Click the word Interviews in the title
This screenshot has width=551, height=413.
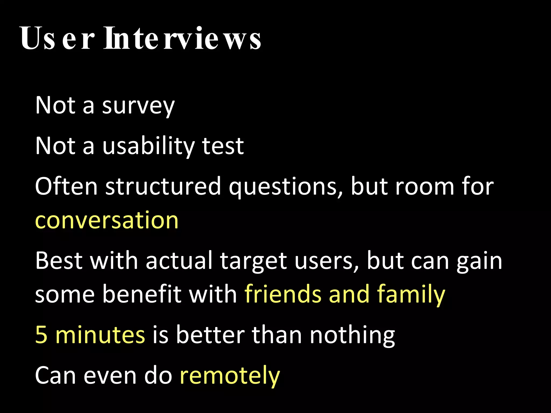click(x=182, y=38)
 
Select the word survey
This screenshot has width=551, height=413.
click(x=138, y=105)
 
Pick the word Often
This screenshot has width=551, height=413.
click(x=66, y=186)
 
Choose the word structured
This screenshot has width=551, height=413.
click(x=163, y=186)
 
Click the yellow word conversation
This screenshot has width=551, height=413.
click(x=107, y=220)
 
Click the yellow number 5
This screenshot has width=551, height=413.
click(x=41, y=334)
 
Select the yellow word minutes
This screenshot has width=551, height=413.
click(x=100, y=334)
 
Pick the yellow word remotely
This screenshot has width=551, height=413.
click(x=230, y=375)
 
